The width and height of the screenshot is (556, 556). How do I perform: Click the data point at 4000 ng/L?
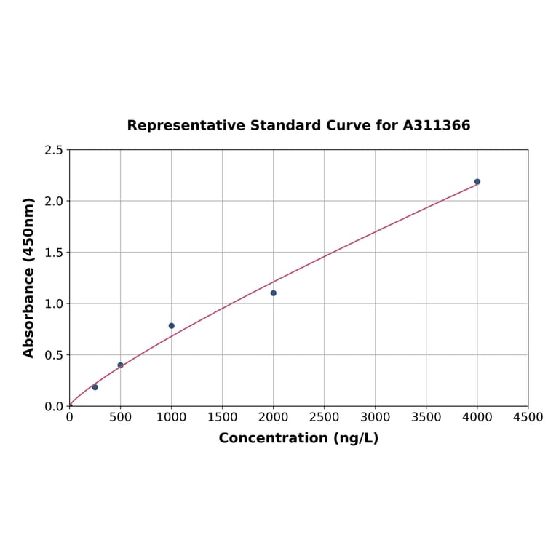pos(477,182)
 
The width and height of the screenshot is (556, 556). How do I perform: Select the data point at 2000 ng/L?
pos(274,293)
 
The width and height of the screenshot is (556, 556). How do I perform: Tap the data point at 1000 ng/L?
pos(172,326)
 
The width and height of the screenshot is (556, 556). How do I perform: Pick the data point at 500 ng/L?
pos(121,365)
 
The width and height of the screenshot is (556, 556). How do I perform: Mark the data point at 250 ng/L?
pos(95,387)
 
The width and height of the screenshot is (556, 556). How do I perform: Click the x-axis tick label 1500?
pos(223,418)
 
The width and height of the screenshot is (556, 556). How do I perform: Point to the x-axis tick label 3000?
pos(376,418)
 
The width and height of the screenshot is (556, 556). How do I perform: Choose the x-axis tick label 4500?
pos(528,418)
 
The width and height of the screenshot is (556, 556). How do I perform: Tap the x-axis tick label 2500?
pos(325,418)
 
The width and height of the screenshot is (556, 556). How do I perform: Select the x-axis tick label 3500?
pos(426,418)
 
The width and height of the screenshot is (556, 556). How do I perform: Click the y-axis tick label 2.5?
pos(54,150)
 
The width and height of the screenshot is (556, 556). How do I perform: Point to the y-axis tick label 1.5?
pos(54,253)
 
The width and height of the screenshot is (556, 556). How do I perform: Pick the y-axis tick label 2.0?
pos(54,201)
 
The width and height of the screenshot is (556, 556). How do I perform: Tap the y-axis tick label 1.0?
pos(54,303)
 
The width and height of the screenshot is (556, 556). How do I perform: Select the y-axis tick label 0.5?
pos(54,355)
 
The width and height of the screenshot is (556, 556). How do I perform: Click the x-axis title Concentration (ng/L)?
pos(298,438)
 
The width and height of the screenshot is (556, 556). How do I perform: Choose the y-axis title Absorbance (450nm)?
pos(29,277)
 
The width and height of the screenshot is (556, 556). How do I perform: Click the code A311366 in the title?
pos(437,125)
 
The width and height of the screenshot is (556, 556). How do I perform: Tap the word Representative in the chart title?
pos(186,125)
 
